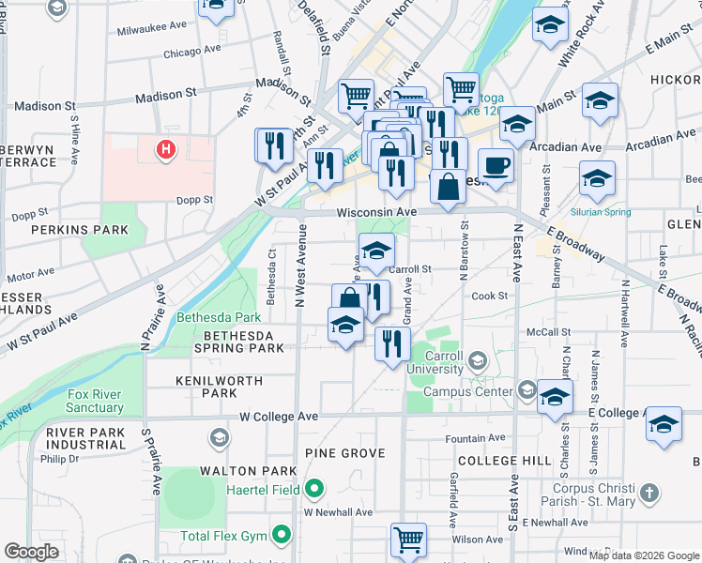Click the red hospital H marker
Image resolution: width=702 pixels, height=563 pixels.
coord(166,148)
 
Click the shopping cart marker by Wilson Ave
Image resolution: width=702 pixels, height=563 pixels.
coord(408,540)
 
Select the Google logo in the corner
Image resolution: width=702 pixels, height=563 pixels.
coord(31,552)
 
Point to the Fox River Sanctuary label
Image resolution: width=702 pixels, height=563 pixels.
coord(95,402)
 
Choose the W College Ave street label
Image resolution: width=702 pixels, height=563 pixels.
coord(279,416)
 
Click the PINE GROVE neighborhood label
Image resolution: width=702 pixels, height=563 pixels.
coord(345,453)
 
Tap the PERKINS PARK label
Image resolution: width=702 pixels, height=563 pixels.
coord(66,229)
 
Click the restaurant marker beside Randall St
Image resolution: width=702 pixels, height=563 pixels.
coord(271,146)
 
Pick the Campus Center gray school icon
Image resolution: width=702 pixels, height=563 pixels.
coord(526,389)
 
